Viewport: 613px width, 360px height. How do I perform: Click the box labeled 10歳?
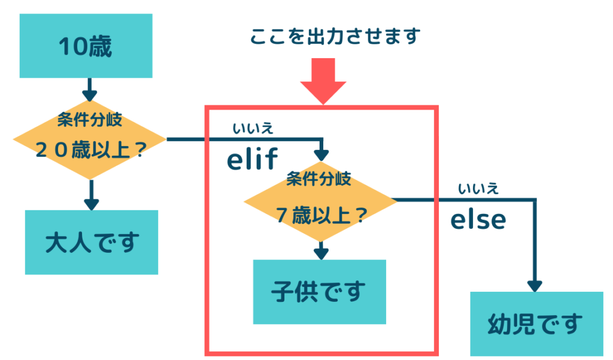pyautogui.click(x=86, y=46)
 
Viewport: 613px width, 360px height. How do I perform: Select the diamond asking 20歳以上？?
pyautogui.click(x=90, y=140)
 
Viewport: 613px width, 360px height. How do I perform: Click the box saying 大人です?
pyautogui.click(x=92, y=242)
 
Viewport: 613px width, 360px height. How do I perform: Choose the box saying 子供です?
pyautogui.click(x=320, y=292)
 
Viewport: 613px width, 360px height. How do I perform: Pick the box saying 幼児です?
pyautogui.click(x=536, y=324)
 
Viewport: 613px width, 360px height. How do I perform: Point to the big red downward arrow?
pyautogui.click(x=323, y=81)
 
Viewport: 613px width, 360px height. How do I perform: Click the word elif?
pyautogui.click(x=252, y=159)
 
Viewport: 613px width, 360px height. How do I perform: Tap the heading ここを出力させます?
pyautogui.click(x=335, y=37)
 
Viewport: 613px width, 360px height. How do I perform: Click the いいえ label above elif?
pyautogui.click(x=253, y=128)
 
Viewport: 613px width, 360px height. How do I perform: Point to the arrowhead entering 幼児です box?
pyautogui.click(x=535, y=286)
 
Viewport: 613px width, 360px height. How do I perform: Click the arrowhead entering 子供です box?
pyautogui.click(x=321, y=255)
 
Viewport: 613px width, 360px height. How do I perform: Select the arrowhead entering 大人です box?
pyautogui.click(x=92, y=205)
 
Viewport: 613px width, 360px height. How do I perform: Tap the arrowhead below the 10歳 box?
pyautogui.click(x=90, y=96)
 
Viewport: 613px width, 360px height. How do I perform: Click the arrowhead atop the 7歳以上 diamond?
pyautogui.click(x=321, y=155)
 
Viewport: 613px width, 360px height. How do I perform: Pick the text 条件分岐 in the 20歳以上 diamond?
pyautogui.click(x=90, y=120)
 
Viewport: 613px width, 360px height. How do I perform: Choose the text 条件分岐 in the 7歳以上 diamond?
pyautogui.click(x=318, y=179)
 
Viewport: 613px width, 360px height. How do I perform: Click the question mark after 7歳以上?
pyautogui.click(x=361, y=215)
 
